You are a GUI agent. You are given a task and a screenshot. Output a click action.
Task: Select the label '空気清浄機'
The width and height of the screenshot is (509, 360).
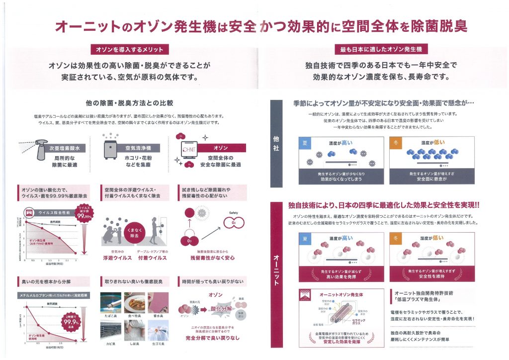point(132,148)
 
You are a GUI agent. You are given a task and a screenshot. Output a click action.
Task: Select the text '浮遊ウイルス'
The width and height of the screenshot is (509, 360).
point(118,258)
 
